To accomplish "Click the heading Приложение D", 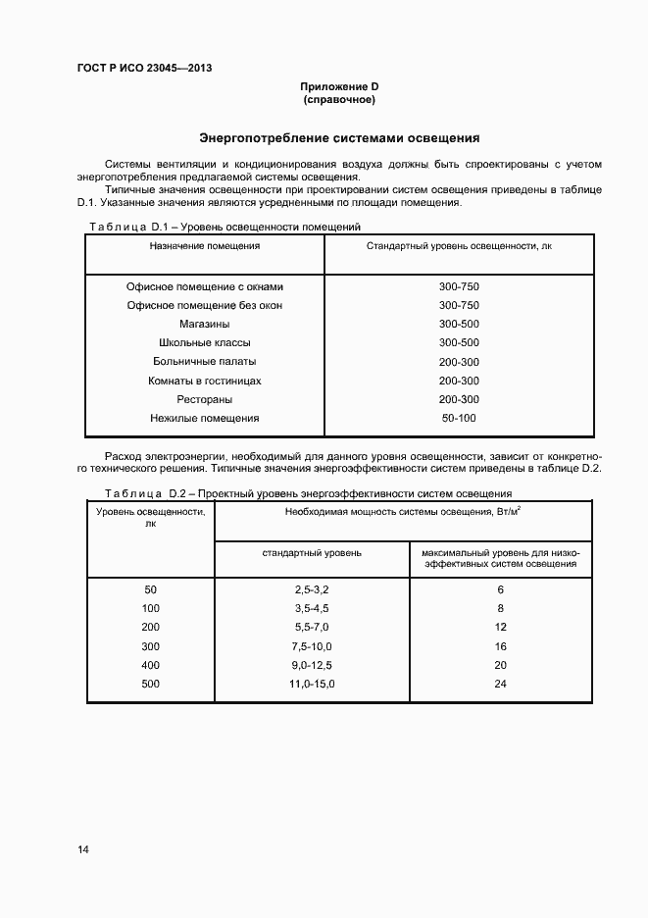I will click(x=340, y=87).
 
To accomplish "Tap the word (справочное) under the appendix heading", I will click(x=340, y=100).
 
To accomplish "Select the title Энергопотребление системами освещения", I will click(x=339, y=137).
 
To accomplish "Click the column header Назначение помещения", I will click(x=204, y=246).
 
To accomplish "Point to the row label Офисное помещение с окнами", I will click(x=204, y=287).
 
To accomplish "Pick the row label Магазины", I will click(x=204, y=325).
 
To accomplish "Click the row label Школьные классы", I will click(x=204, y=343).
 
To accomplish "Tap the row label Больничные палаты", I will click(x=204, y=362).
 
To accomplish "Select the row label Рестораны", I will click(x=204, y=399).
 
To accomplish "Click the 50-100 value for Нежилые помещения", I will click(x=459, y=418).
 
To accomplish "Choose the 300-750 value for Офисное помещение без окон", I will click(x=459, y=306).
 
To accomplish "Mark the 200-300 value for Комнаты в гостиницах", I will click(x=459, y=381).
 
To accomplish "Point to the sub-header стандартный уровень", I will click(x=312, y=553).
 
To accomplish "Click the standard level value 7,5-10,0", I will click(x=313, y=646).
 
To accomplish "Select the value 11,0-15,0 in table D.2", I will click(x=313, y=684).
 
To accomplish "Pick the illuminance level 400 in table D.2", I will click(x=150, y=665).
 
